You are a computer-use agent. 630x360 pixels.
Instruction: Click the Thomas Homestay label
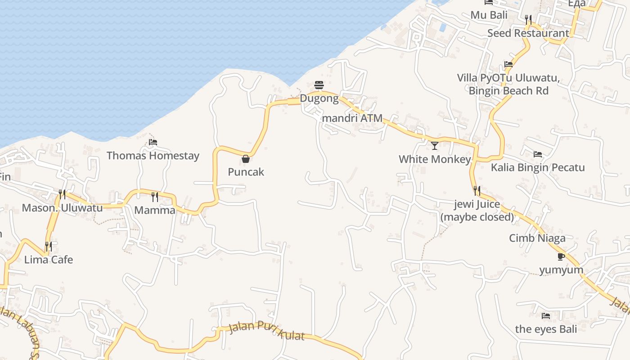[153, 156]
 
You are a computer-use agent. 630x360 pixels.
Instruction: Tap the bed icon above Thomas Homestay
[153, 142]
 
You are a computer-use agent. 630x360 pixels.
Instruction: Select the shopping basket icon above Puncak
[246, 159]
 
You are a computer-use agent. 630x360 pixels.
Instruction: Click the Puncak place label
[246, 172]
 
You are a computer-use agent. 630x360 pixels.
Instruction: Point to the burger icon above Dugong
[319, 85]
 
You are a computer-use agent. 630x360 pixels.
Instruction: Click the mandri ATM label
[352, 118]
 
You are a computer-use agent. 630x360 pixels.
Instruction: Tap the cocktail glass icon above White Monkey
[435, 146]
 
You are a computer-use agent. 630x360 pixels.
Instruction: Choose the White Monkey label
[435, 159]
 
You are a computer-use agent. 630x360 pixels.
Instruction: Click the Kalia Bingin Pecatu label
[538, 167]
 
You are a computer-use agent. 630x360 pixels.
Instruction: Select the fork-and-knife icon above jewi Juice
[477, 191]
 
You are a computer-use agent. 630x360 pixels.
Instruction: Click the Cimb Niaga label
[537, 238]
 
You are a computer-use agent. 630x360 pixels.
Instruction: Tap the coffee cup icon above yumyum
[561, 256]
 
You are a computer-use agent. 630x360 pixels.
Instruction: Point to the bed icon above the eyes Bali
[546, 316]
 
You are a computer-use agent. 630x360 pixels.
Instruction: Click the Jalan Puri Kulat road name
[267, 331]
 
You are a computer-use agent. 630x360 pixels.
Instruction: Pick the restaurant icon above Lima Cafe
[49, 247]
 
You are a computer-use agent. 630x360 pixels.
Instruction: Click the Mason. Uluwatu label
[62, 208]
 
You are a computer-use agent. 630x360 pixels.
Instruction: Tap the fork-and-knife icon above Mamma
[155, 197]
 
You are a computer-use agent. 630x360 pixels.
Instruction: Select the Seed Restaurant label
[528, 33]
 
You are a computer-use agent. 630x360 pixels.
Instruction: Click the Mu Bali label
[489, 15]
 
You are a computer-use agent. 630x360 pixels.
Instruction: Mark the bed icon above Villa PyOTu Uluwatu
[508, 64]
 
